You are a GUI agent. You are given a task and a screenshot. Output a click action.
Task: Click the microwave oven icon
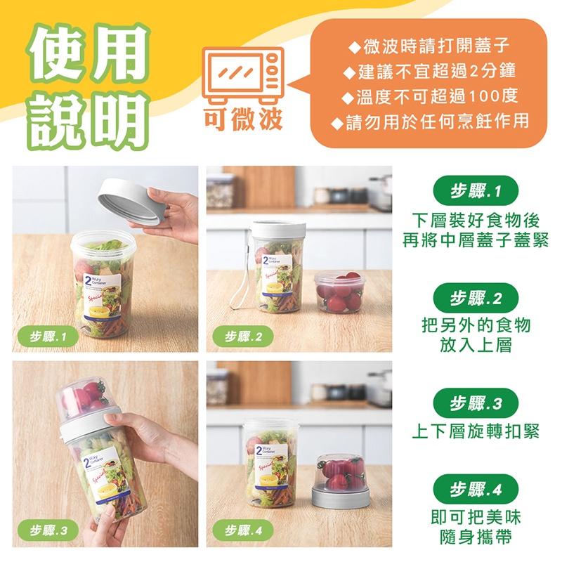coord(242,74)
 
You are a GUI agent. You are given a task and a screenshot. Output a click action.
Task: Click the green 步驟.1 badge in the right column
coord(475,190)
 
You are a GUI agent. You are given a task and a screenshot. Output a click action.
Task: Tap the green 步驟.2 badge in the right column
coord(475,299)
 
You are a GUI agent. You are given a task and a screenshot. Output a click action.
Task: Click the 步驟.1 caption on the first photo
coord(46,337)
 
